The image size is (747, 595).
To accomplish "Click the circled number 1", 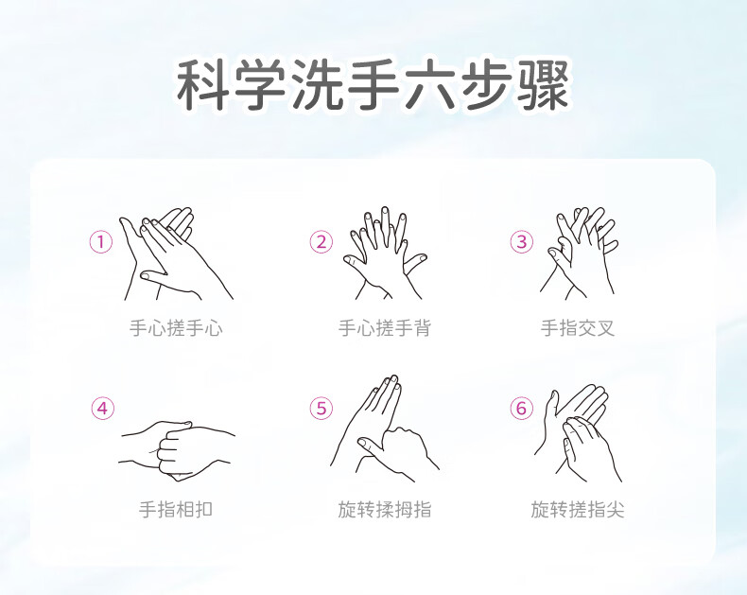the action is click(x=101, y=242).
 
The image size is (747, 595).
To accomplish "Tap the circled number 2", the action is click(x=321, y=242).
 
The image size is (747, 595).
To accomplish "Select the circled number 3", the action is click(x=522, y=242).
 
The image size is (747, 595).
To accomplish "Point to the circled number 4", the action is click(x=103, y=409).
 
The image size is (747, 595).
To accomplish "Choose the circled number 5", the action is click(x=321, y=409).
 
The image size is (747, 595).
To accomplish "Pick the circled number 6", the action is click(x=522, y=409).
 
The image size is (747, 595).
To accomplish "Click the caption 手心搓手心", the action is click(x=176, y=328).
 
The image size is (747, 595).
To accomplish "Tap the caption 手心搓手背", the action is click(x=385, y=328).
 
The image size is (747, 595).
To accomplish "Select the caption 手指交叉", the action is click(x=578, y=328).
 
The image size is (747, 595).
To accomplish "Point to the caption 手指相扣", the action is click(x=176, y=510).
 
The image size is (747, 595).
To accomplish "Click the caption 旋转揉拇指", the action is click(x=385, y=510).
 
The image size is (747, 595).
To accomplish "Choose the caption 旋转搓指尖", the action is click(x=578, y=510).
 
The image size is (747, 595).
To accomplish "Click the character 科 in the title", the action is click(x=203, y=85).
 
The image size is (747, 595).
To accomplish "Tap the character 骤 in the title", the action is click(x=543, y=85).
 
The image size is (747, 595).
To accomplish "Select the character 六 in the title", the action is click(x=429, y=85).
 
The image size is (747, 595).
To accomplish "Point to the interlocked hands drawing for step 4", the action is click(x=177, y=450).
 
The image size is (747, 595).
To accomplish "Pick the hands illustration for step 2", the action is click(x=385, y=253).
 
